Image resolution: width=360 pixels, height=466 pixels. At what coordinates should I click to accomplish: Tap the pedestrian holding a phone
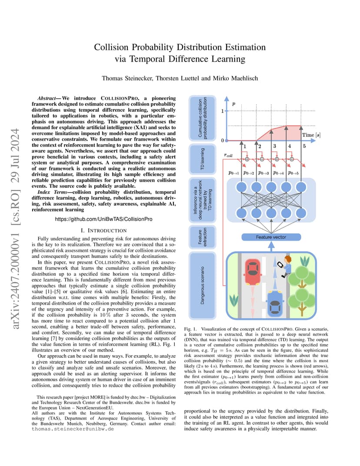pos(285,266)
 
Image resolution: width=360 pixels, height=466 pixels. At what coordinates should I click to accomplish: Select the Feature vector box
pos(271,237)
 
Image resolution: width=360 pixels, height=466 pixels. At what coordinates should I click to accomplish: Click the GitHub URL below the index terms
pos(103,219)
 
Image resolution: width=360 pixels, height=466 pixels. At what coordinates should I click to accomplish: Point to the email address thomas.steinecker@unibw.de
pos(73,429)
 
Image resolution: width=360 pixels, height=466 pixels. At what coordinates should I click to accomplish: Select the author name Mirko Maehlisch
pos(235,78)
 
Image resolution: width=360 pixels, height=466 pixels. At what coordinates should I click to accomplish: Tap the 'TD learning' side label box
pos(203,159)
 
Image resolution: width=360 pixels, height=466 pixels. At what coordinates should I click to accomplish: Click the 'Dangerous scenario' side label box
pos(203,285)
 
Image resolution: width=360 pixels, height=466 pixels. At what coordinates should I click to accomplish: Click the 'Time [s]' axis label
pos(311,135)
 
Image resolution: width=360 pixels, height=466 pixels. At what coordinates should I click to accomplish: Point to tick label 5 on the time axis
pos(304,146)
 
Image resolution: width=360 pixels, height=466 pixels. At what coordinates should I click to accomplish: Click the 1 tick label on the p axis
pos(222,111)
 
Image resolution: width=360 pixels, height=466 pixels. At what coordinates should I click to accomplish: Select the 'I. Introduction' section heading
pos(104,231)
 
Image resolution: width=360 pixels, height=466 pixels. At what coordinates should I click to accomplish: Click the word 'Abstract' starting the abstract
pos(47,98)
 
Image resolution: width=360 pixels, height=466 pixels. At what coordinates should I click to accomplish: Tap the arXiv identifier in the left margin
pos(15,229)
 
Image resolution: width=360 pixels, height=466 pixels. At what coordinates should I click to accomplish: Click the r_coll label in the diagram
pos(228,155)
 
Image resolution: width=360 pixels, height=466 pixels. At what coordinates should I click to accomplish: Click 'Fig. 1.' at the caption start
pos(190,329)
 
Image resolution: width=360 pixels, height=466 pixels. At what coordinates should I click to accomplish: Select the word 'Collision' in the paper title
pos(111,47)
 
